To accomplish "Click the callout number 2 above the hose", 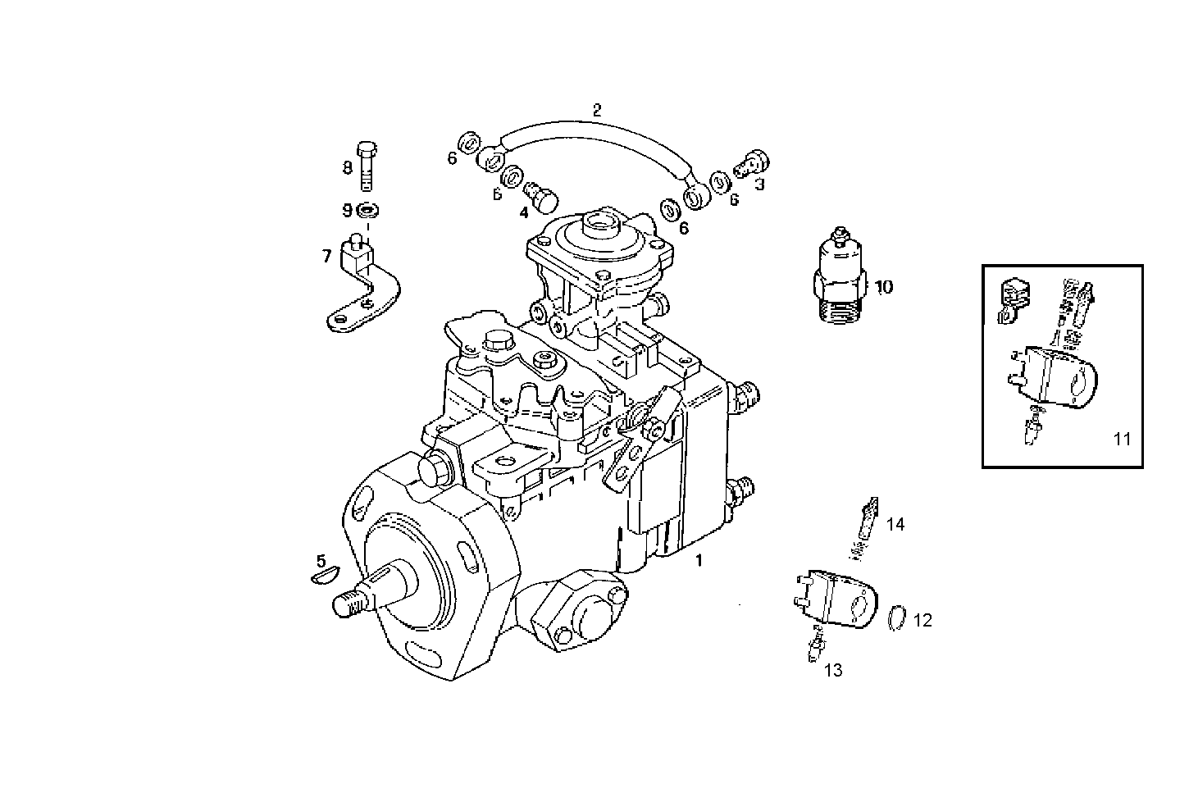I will [x=597, y=109].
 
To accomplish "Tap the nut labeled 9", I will [x=368, y=211].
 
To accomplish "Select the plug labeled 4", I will [x=540, y=195].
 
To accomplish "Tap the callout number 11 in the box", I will [x=1122, y=439].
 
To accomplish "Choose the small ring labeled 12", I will [x=899, y=617].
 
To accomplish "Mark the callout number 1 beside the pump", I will [x=699, y=561].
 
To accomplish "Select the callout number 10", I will [x=883, y=287].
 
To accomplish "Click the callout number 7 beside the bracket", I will [x=327, y=257].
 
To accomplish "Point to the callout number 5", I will [x=321, y=561].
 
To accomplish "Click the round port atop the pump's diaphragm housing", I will [x=596, y=221].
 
